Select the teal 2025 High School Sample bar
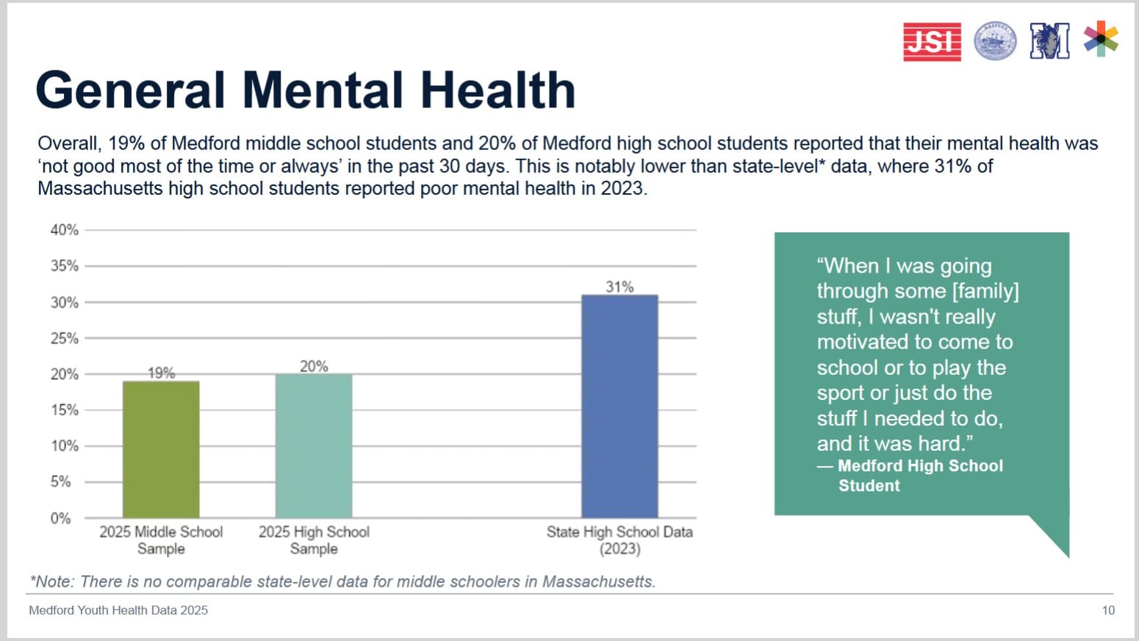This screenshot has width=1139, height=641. (314, 445)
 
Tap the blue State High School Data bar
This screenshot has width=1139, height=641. (619, 406)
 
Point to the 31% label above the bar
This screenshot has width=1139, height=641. (619, 287)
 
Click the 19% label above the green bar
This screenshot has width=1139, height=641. (161, 373)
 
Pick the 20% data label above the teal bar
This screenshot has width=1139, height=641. (314, 366)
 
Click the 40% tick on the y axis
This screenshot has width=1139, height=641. (64, 230)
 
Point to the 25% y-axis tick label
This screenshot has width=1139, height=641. (64, 338)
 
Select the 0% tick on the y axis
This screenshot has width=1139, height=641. (60, 518)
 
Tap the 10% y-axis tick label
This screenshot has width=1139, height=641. (64, 445)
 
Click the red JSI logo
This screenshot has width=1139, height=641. (932, 41)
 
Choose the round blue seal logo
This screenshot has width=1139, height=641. (995, 40)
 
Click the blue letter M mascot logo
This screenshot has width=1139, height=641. (1049, 40)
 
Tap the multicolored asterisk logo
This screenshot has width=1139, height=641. (1101, 38)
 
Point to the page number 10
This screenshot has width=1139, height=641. (1108, 610)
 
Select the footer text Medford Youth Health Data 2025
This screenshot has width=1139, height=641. (118, 610)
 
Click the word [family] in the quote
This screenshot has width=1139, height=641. (985, 291)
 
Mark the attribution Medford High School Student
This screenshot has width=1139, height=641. (920, 475)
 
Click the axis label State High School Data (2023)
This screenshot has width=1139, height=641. (619, 540)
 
